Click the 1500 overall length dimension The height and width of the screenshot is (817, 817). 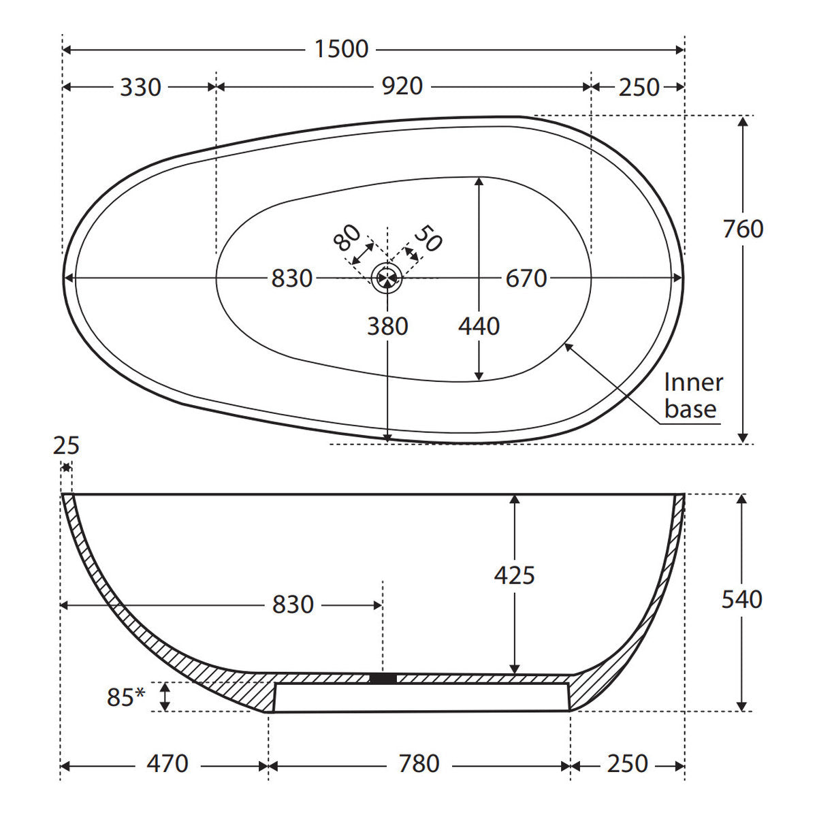[x=341, y=49]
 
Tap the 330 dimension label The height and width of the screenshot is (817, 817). [x=140, y=87]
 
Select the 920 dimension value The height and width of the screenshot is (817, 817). [x=402, y=86]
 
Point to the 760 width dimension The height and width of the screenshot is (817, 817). [x=743, y=229]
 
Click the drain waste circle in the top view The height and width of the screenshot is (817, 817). [x=386, y=278]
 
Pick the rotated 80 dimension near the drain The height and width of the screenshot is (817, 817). [x=347, y=238]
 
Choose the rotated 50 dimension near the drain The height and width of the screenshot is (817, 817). [x=428, y=238]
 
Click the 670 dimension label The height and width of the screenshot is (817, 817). [x=526, y=278]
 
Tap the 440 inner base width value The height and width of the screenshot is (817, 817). [x=479, y=327]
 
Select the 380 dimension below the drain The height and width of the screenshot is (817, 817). [x=387, y=327]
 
